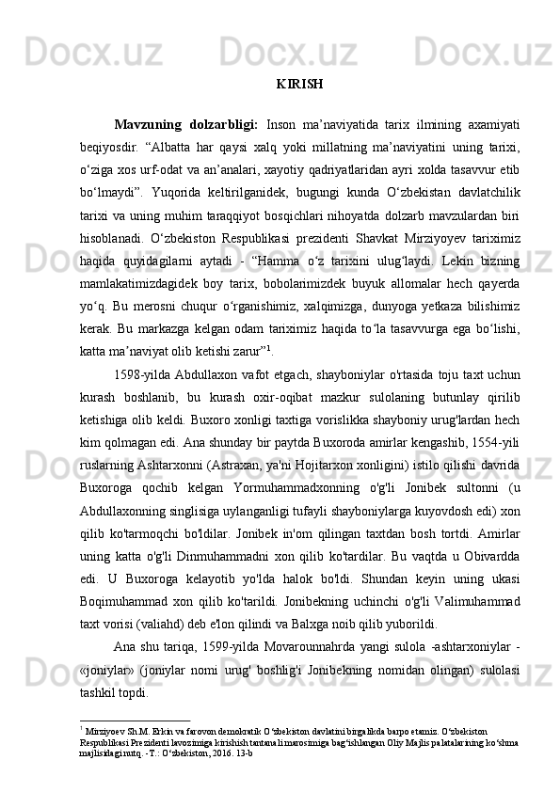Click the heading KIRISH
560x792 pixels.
point(300,84)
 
